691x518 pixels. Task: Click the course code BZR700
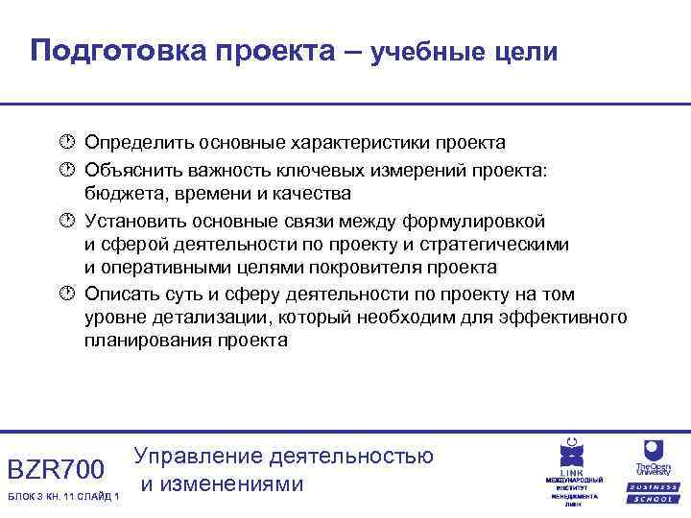point(55,470)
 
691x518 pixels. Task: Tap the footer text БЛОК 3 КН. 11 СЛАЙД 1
point(62,496)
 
